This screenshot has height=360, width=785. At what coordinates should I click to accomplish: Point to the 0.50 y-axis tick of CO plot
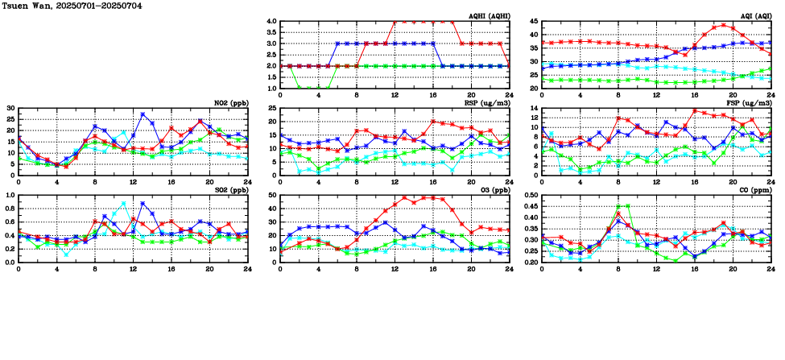530,195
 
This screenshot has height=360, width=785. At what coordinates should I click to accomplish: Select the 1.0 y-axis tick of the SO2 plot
9,195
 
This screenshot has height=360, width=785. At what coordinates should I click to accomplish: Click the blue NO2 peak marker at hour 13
143,114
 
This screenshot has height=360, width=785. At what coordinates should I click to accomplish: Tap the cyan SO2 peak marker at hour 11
123,203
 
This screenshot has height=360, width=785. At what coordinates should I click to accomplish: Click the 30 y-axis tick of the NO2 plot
10,108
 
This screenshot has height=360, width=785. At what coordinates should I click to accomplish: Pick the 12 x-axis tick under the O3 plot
395,269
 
